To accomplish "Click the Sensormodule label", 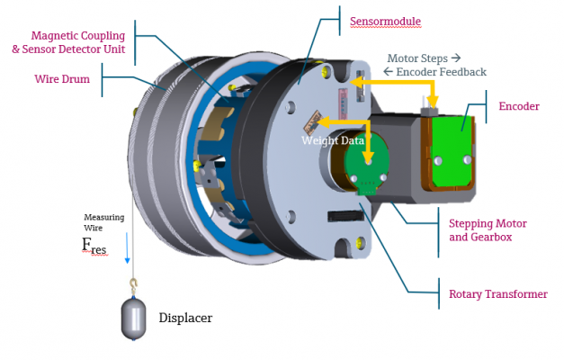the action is click(385, 22).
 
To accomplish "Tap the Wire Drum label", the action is click(62, 79).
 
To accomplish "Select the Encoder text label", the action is click(519, 106).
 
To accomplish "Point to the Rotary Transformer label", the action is click(498, 294).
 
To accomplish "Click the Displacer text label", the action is click(185, 318).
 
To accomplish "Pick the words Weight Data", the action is click(333, 140).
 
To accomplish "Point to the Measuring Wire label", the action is click(104, 222).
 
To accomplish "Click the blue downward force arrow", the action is click(127, 247).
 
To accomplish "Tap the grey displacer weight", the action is click(133, 318).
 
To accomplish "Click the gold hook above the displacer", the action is click(134, 284).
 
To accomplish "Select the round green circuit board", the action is click(366, 163).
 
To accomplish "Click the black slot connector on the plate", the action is click(345, 215).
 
